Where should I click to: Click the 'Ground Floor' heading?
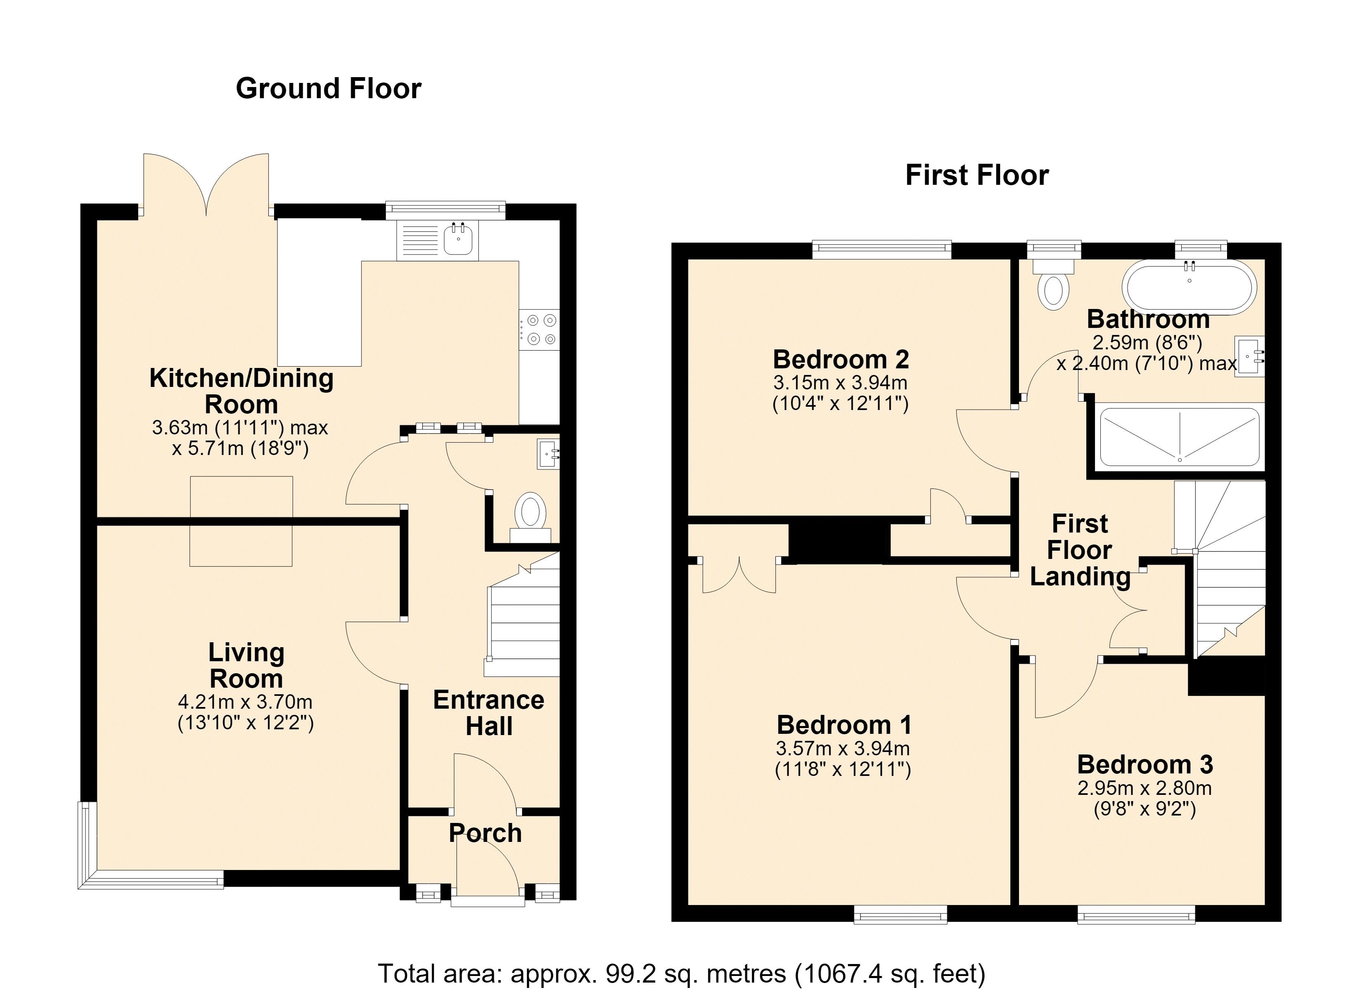tap(329, 88)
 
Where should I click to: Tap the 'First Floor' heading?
tap(977, 175)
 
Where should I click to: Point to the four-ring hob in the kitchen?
tap(540, 330)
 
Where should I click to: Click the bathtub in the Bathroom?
tap(1190, 288)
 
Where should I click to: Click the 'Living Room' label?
tap(246, 665)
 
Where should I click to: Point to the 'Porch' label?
tap(485, 833)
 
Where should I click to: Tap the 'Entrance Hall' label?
tap(489, 713)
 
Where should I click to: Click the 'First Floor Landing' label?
tap(1080, 550)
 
